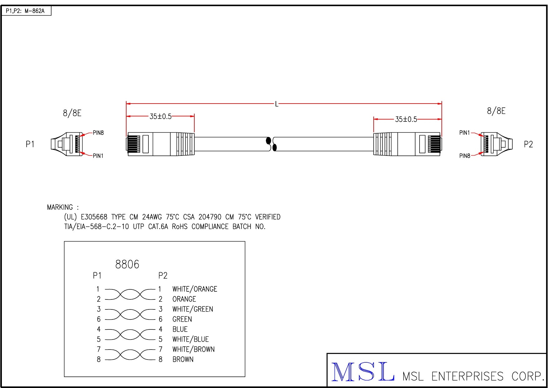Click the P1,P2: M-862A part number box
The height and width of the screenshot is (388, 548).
pyautogui.click(x=26, y=11)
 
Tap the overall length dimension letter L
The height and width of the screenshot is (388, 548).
pyautogui.click(x=276, y=104)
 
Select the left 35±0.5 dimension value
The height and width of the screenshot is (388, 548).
pyautogui.click(x=161, y=116)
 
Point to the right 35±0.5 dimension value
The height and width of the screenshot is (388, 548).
pyautogui.click(x=406, y=119)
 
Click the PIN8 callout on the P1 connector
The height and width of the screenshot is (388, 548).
pyautogui.click(x=98, y=133)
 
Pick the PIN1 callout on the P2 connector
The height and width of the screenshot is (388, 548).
pyautogui.click(x=465, y=133)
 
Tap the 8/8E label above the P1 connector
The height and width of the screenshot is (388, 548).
pyautogui.click(x=72, y=113)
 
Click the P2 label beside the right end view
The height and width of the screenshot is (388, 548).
pyautogui.click(x=528, y=144)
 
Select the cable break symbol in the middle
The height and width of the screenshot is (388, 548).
pyautogui.click(x=271, y=144)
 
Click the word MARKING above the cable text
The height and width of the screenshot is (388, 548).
pyautogui.click(x=60, y=207)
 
